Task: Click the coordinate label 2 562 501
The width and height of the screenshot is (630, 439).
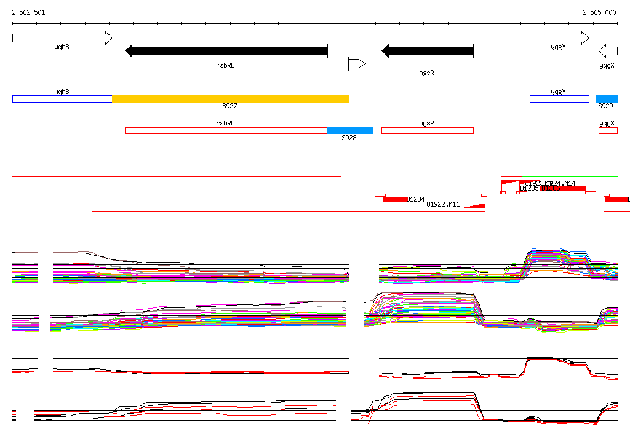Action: (x=28, y=12)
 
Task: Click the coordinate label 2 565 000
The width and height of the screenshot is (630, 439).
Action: (x=599, y=12)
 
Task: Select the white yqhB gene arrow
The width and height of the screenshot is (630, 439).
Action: (x=62, y=38)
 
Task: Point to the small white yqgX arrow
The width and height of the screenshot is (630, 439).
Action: (x=608, y=50)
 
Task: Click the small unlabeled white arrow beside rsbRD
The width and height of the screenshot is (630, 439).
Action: (x=357, y=63)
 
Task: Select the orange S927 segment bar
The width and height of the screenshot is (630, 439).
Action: (x=230, y=99)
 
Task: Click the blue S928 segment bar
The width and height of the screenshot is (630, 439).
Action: (x=349, y=130)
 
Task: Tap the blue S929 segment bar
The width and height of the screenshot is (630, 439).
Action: (x=607, y=99)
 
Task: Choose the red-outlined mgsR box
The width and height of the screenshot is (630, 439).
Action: (x=428, y=130)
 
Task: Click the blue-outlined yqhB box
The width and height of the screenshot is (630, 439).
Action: (x=62, y=99)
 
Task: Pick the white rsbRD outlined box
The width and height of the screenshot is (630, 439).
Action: (x=226, y=130)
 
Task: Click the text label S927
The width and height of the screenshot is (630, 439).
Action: (x=229, y=106)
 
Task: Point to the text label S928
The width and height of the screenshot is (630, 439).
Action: (x=349, y=138)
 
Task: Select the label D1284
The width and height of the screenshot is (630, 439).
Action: (x=416, y=199)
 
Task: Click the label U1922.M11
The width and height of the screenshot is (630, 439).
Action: (x=443, y=204)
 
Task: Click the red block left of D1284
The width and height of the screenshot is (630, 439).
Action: (x=395, y=199)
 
